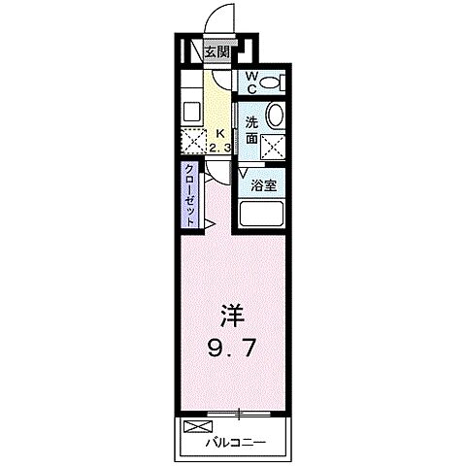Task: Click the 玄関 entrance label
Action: (x=216, y=51)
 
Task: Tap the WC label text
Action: (x=250, y=82)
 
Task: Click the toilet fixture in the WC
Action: (x=280, y=82)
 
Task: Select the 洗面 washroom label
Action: (x=252, y=129)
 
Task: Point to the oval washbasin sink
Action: (x=276, y=116)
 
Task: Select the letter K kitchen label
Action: (x=219, y=134)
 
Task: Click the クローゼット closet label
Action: (x=190, y=195)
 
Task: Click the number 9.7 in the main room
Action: (x=230, y=346)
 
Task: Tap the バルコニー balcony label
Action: (x=235, y=444)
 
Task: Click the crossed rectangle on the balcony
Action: (x=197, y=426)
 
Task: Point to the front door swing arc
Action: (x=222, y=19)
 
